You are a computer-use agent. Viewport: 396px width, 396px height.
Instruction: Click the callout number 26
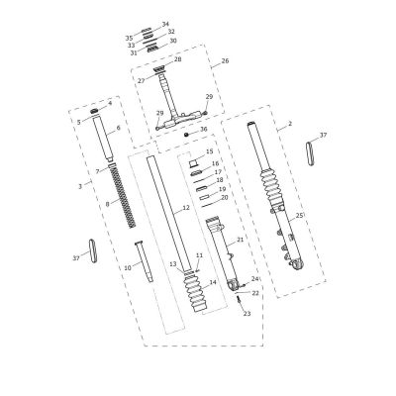[x=225, y=61]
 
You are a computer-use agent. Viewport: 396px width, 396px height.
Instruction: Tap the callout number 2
[x=290, y=124]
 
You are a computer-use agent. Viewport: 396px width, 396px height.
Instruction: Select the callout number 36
[x=204, y=129]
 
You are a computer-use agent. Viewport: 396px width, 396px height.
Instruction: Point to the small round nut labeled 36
[x=186, y=135]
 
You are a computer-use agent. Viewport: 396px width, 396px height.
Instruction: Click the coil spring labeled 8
[x=122, y=197]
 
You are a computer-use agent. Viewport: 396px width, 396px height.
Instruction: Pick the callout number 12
[x=186, y=208]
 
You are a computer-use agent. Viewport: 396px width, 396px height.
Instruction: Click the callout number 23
[x=247, y=314]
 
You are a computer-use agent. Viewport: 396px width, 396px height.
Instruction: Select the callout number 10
[x=128, y=267]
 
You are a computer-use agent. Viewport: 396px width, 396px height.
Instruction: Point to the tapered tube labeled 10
[x=144, y=261]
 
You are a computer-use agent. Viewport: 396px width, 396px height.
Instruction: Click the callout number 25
[x=299, y=216]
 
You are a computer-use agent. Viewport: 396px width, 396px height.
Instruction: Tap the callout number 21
[x=240, y=240]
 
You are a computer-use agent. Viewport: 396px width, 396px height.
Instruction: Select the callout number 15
[x=210, y=151]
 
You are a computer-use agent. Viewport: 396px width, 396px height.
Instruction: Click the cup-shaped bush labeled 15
[x=194, y=163]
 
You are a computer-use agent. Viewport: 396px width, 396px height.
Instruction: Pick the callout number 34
[x=165, y=24]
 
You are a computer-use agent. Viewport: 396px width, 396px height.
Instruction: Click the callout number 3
[x=80, y=186]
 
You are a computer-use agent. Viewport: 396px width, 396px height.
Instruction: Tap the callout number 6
[x=119, y=128]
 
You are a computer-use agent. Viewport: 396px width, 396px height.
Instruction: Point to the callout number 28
[x=178, y=59]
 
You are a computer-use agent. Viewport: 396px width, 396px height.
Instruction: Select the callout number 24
[x=254, y=279]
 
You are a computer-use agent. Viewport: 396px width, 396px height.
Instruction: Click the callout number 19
[x=223, y=189]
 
